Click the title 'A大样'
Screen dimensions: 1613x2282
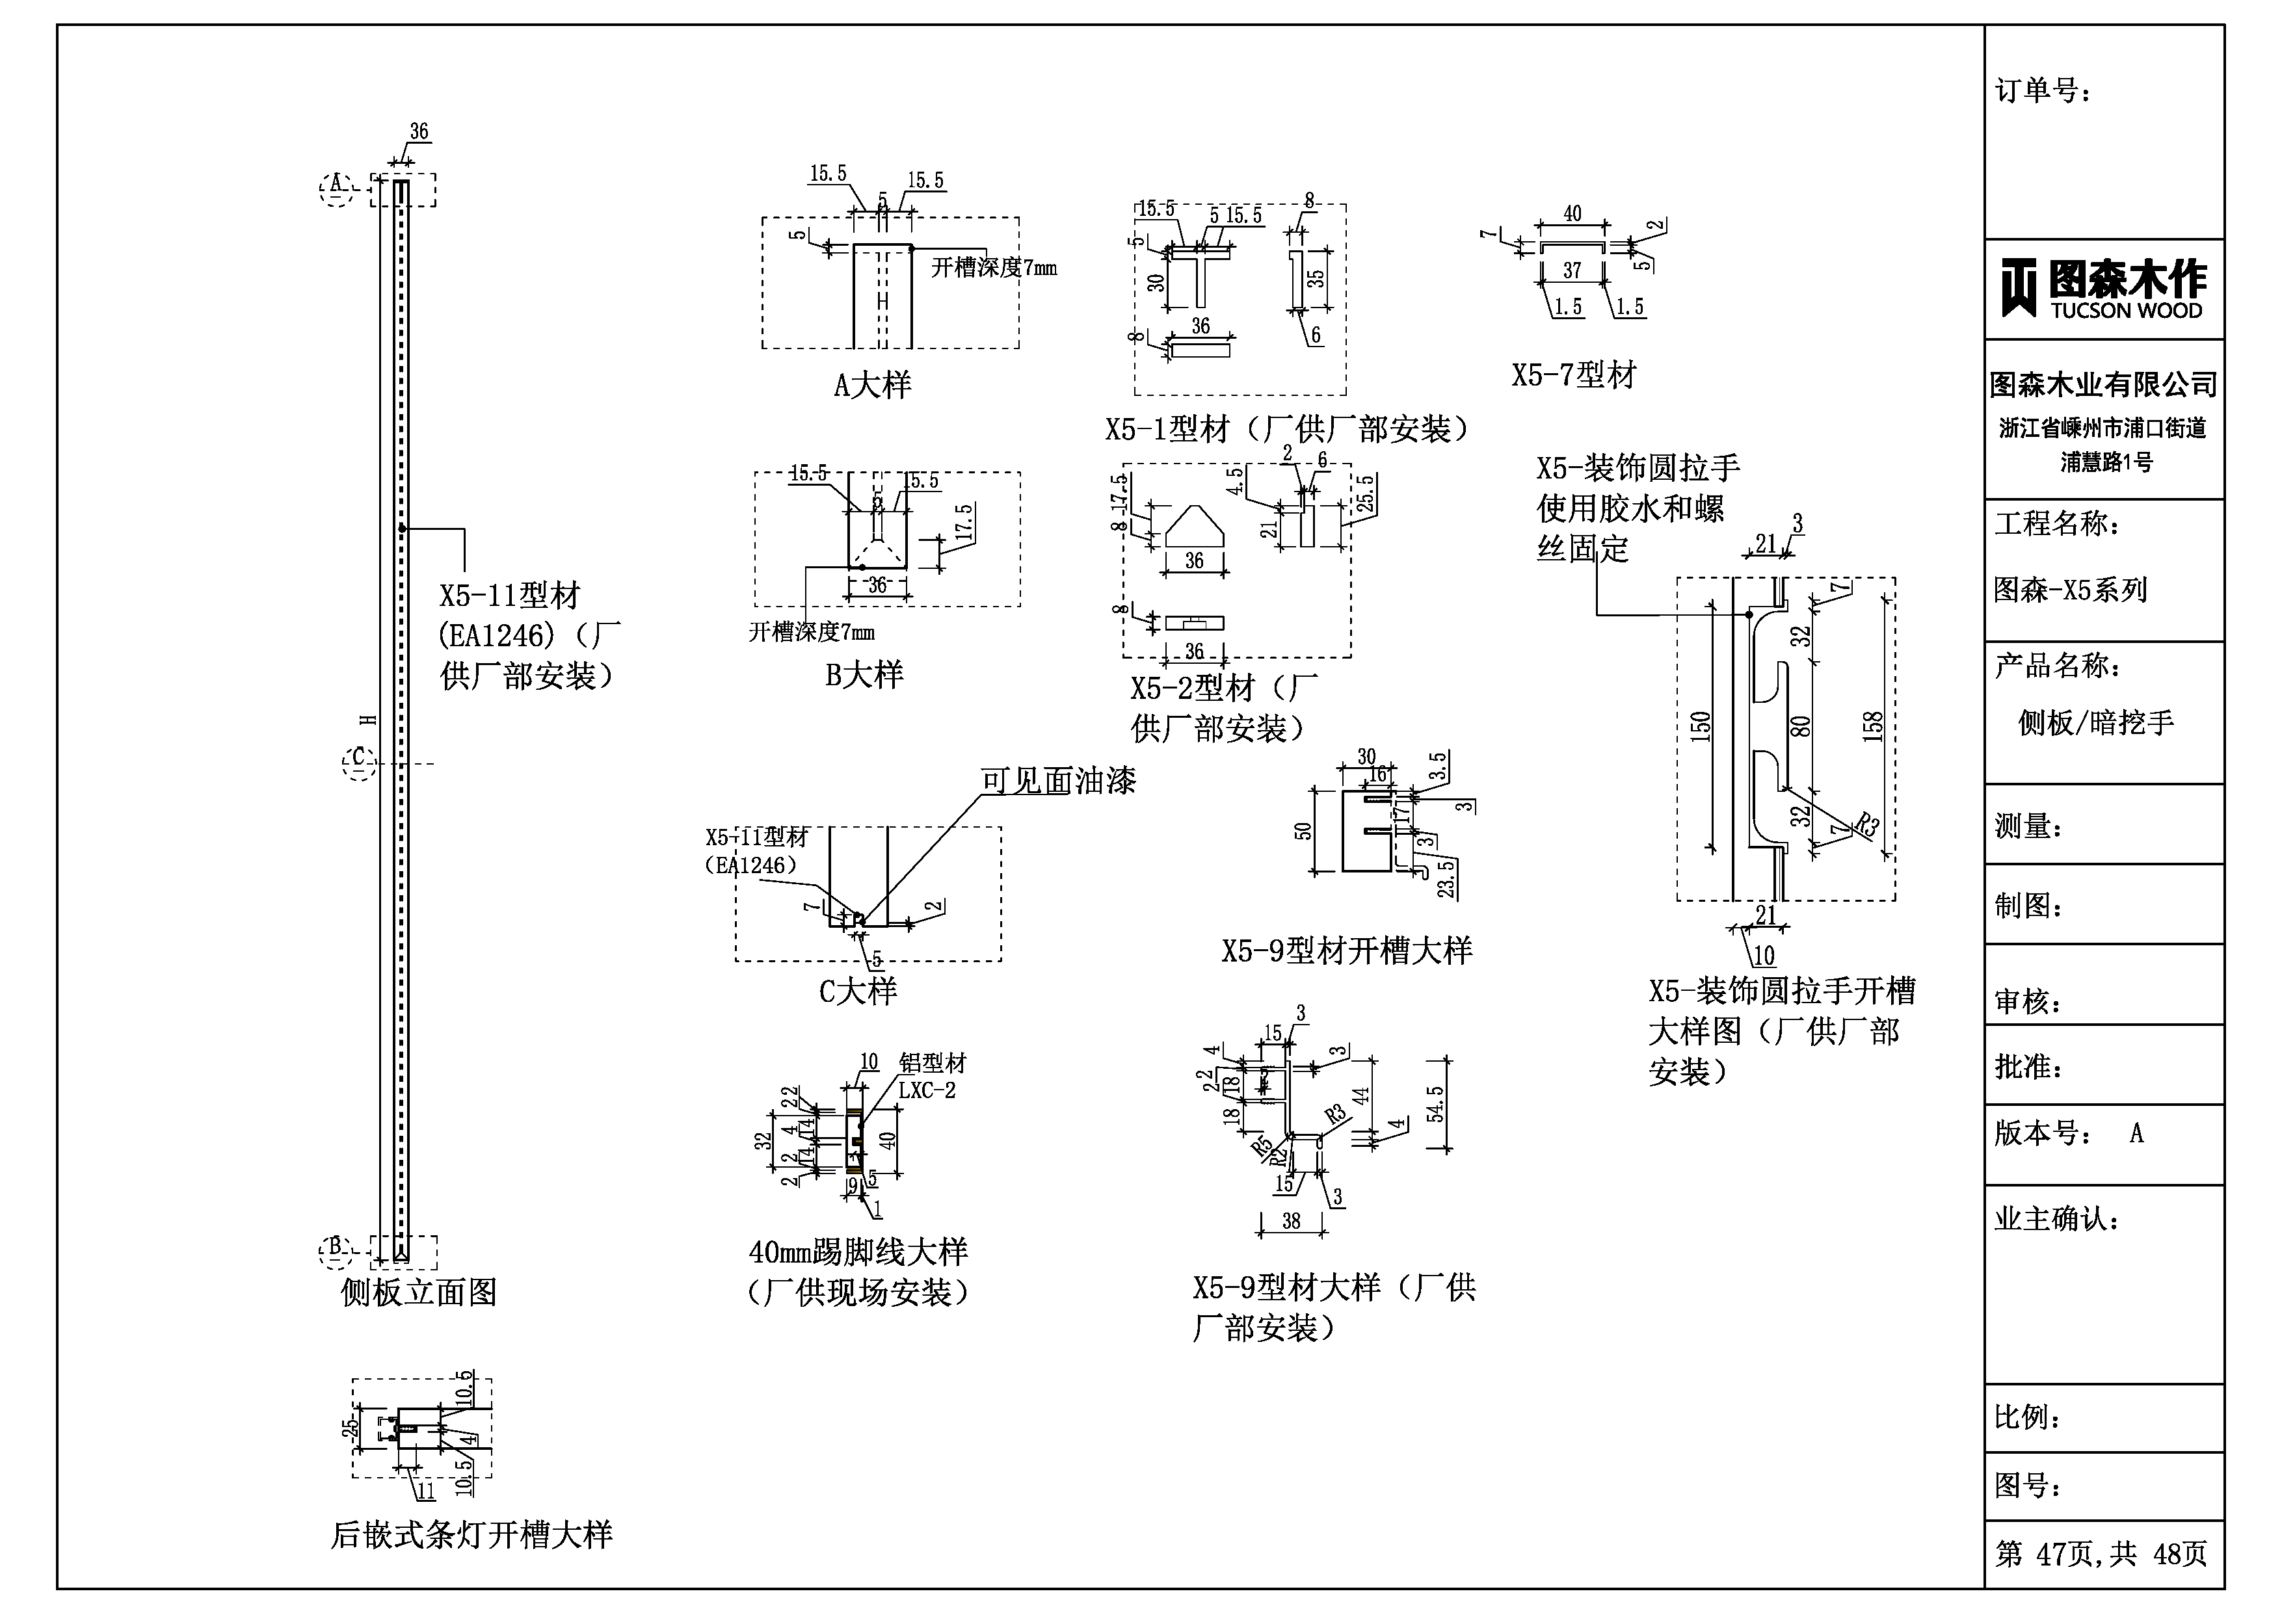tap(871, 386)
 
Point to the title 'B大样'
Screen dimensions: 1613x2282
tap(864, 675)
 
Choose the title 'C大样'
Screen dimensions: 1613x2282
tap(858, 991)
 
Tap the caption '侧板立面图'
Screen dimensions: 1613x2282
tap(418, 1292)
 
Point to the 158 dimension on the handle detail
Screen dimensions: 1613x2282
tap(1872, 726)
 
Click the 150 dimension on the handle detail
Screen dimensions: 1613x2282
tap(1701, 726)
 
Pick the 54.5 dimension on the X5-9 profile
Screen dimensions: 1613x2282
tap(1435, 1104)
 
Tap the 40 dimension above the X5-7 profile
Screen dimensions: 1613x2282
tap(1572, 214)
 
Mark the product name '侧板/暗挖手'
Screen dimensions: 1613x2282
tap(2095, 722)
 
